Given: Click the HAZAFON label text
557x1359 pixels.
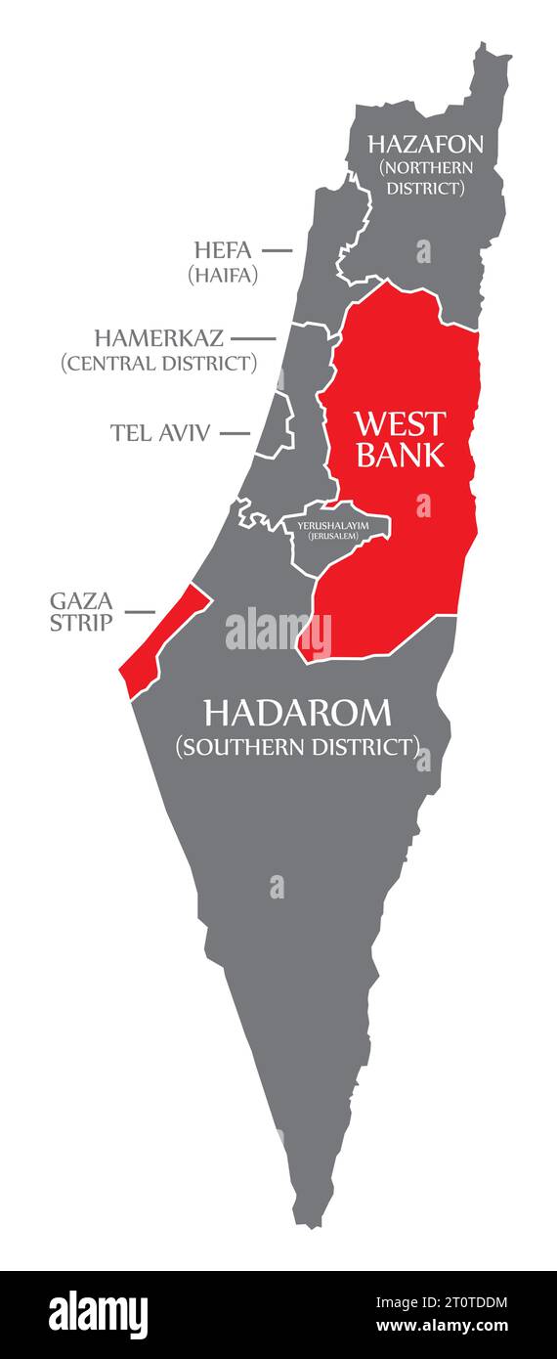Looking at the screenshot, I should [x=425, y=145].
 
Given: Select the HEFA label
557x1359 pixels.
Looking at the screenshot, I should [x=222, y=250].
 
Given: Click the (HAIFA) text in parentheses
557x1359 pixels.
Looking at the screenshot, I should [x=223, y=275].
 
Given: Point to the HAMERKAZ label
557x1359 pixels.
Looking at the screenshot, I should [x=159, y=338].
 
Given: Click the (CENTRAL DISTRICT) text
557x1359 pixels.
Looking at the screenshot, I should [x=159, y=364].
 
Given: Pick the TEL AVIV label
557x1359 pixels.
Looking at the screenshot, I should [x=160, y=432].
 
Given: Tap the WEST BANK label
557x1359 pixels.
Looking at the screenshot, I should [x=400, y=439].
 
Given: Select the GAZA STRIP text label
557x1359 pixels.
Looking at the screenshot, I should [x=81, y=612].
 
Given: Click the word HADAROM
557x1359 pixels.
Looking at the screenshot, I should [x=297, y=713].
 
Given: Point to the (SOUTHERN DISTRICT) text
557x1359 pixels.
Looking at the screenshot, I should [x=297, y=747].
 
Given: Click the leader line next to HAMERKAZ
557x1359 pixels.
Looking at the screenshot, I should [x=253, y=338].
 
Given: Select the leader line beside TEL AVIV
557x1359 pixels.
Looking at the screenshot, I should [x=235, y=432].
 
